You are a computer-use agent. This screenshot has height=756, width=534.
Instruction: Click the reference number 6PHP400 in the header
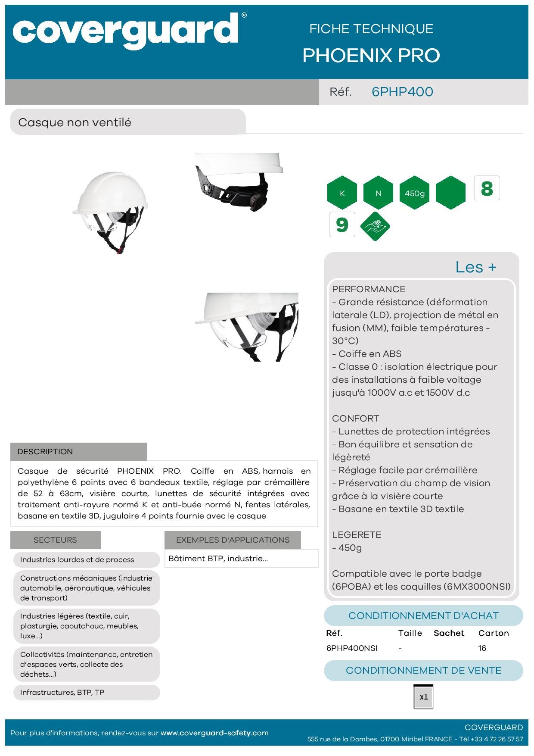click(402, 92)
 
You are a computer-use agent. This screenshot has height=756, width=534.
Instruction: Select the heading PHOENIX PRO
click(371, 56)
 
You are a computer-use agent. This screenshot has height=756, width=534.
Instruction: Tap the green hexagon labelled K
click(342, 193)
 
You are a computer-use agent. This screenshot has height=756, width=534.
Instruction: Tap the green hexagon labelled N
click(379, 193)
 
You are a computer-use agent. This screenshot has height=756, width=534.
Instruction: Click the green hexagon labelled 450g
click(415, 193)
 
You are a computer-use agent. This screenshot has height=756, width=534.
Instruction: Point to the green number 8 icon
click(487, 188)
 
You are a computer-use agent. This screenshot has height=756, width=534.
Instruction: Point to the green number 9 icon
click(342, 225)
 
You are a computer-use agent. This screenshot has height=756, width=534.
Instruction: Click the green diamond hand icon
click(375, 226)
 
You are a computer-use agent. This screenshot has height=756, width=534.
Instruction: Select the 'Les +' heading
click(476, 267)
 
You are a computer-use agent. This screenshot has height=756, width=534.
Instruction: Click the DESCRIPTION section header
click(45, 452)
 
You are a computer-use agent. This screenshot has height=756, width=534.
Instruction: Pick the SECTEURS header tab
click(55, 540)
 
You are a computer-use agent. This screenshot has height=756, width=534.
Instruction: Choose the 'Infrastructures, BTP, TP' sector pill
click(62, 693)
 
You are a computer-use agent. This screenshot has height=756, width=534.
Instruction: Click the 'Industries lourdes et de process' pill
click(77, 560)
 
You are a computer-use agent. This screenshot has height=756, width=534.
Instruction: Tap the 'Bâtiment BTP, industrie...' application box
click(218, 559)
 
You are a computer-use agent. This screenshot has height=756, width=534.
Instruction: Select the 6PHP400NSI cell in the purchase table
click(352, 648)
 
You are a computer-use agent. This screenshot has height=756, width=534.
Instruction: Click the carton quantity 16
click(482, 648)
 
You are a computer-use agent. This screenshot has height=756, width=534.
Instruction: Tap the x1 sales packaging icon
click(423, 697)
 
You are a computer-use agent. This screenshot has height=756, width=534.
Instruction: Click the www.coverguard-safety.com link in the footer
click(214, 733)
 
